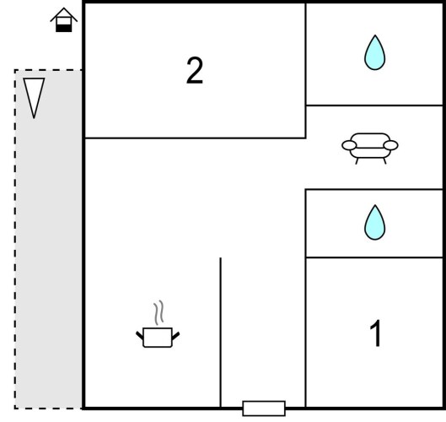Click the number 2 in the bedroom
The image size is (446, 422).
pyautogui.click(x=195, y=70)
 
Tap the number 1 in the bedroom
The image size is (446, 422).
pyautogui.click(x=375, y=333)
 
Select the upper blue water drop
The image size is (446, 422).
pyautogui.click(x=375, y=52)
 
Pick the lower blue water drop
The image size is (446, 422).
pyautogui.click(x=375, y=222)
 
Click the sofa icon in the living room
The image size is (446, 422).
pyautogui.click(x=370, y=149)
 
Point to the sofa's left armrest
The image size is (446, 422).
pyautogui.click(x=349, y=145)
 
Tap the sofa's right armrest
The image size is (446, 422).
pyautogui.click(x=390, y=145)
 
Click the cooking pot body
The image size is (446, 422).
pyautogui.click(x=158, y=338)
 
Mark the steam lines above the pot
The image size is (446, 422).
pyautogui.click(x=159, y=312)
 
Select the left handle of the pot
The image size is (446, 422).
pyautogui.click(x=140, y=335)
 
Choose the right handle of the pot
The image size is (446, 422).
pyautogui.click(x=175, y=335)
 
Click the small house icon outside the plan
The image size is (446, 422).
pyautogui.click(x=64, y=19)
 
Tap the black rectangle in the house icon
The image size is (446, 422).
pyautogui.click(x=64, y=28)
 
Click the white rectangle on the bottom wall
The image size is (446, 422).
pyautogui.click(x=264, y=408)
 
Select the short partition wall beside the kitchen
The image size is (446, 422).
pyautogui.click(x=220, y=333)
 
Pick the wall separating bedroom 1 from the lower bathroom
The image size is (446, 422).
pyautogui.click(x=374, y=257)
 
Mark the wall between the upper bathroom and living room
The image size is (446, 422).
pyautogui.click(x=374, y=105)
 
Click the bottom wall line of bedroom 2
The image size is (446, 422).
pyautogui.click(x=195, y=138)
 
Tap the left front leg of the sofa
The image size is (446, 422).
pyautogui.click(x=357, y=161)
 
